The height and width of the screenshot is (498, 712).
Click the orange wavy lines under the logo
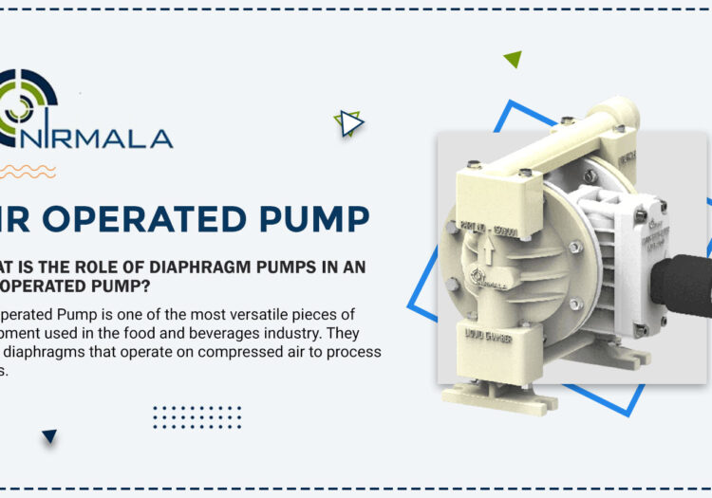[27, 172]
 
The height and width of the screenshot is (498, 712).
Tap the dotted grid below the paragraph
[197, 417]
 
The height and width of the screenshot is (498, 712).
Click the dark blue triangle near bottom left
[49, 436]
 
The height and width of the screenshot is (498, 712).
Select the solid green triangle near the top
[513, 59]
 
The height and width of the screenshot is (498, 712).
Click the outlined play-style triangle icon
[350, 123]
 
